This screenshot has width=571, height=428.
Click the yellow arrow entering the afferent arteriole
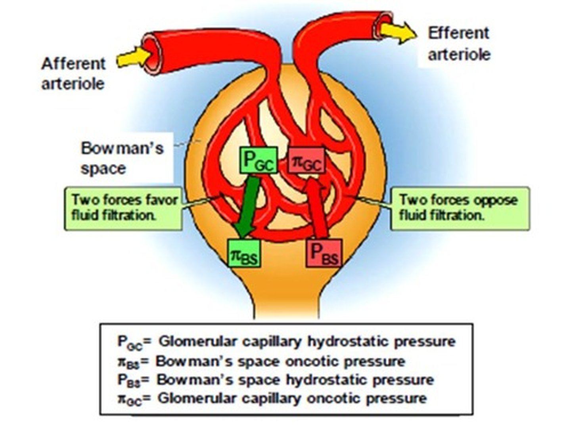(x=132, y=59)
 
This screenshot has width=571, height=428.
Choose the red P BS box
(x=324, y=253)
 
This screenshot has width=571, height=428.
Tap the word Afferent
(x=74, y=64)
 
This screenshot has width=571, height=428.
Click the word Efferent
(x=458, y=33)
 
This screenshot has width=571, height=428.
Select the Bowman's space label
(x=122, y=158)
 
